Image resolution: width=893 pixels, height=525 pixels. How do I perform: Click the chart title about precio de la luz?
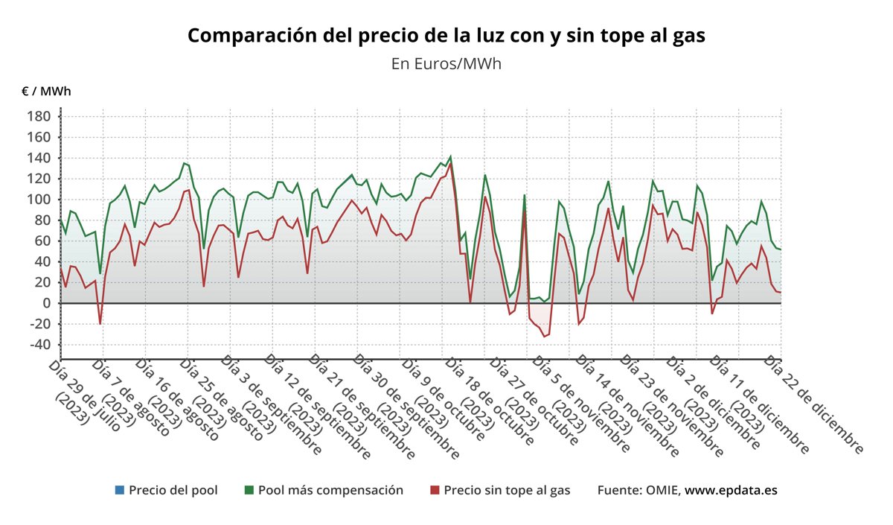pyautogui.click(x=446, y=36)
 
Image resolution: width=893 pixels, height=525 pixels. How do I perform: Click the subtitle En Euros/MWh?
pyautogui.click(x=446, y=64)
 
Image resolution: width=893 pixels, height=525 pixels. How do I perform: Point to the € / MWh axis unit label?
pyautogui.click(x=46, y=92)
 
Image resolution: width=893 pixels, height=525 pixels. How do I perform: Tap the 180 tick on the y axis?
pyautogui.click(x=39, y=117)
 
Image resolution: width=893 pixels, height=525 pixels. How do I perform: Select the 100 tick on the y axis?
pyautogui.click(x=39, y=200)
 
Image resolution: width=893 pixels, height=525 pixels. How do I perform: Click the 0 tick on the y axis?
pyautogui.click(x=46, y=303)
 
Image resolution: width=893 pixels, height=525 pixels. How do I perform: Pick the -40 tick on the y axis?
pyautogui.click(x=39, y=345)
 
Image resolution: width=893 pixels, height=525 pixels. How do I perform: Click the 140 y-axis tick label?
pyautogui.click(x=39, y=158)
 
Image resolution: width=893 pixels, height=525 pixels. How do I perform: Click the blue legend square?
pyautogui.click(x=120, y=490)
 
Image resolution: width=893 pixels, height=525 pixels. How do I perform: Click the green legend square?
pyautogui.click(x=249, y=490)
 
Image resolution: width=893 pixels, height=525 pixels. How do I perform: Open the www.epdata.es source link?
pyautogui.click(x=731, y=490)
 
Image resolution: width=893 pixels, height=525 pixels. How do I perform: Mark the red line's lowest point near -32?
pyautogui.click(x=544, y=337)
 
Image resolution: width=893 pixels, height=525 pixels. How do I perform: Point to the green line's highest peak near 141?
pyautogui.click(x=450, y=156)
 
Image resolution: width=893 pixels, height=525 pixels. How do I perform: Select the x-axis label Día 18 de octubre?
pyautogui.click(x=487, y=401)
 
